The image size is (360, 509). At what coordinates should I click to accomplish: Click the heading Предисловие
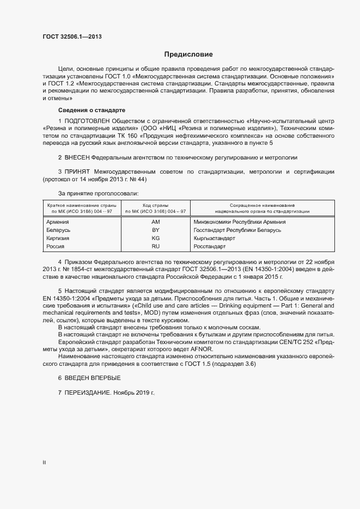pos(189,54)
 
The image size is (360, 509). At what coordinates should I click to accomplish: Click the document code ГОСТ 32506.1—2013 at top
pos(72,37)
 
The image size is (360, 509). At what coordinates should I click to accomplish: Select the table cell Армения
pos(58,222)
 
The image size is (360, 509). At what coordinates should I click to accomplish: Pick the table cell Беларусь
pos(59,230)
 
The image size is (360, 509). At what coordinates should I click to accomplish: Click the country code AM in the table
pos(156,222)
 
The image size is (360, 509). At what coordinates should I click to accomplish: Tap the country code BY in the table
pos(156,230)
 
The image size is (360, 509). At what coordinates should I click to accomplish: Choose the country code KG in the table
pos(156,238)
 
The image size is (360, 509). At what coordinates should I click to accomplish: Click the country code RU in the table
pos(156,247)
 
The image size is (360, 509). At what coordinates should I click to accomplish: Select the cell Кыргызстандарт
pos(214,238)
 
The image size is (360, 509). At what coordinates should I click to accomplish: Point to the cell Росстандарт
pos(210,247)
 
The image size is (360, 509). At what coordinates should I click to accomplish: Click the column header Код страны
pos(156,205)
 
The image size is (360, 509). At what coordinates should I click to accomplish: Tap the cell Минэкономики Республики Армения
pos(240,222)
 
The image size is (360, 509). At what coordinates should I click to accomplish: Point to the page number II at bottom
pos(44,463)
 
